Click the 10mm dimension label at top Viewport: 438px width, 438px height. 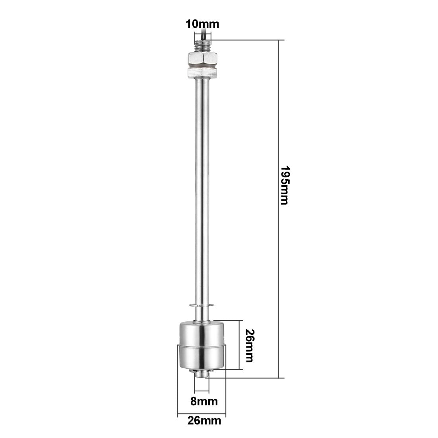click(202, 24)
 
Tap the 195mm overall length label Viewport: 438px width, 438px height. click(283, 185)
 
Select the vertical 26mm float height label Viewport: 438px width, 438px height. click(250, 345)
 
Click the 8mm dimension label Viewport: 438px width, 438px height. click(204, 401)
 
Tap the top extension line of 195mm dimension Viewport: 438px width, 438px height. click(247, 40)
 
